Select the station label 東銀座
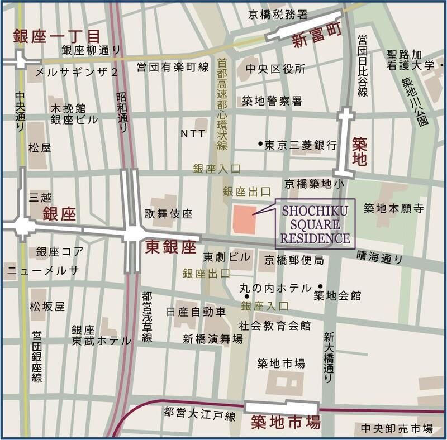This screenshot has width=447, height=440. (x=170, y=247)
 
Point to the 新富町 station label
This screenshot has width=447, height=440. (x=317, y=42)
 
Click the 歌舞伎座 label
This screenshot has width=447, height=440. (x=168, y=213)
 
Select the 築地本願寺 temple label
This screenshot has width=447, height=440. (x=394, y=208)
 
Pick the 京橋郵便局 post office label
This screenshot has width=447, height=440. (x=294, y=260)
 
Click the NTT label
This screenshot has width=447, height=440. (x=193, y=133)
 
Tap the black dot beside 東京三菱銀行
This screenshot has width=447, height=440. (x=260, y=144)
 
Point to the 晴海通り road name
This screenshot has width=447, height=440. (x=379, y=258)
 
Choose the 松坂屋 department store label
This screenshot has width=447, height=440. (x=47, y=307)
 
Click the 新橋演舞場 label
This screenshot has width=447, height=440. (x=213, y=339)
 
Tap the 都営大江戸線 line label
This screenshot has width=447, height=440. (x=199, y=414)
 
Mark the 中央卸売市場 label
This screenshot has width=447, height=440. (x=397, y=428)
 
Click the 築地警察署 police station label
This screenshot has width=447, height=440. (x=272, y=101)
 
